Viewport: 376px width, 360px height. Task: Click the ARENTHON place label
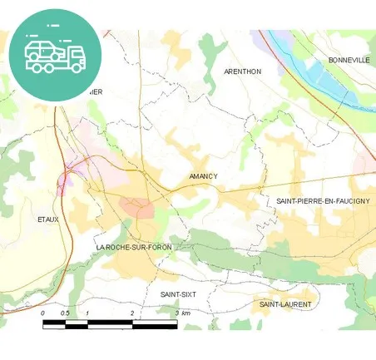tap(243, 72)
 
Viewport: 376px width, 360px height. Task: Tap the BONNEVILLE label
tap(349, 61)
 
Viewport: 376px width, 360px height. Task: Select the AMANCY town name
tap(203, 176)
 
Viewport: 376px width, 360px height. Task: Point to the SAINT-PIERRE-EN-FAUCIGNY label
tap(324, 201)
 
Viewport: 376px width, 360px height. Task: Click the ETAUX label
tap(49, 219)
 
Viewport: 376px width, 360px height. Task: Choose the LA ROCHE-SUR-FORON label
tap(134, 248)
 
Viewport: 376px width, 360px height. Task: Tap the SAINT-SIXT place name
tap(178, 294)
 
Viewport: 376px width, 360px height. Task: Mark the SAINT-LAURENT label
tap(285, 304)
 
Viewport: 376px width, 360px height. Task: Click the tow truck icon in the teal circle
tap(55, 54)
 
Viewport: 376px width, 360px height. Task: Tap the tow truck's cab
tap(76, 56)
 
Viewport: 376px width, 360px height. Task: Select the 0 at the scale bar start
tap(42, 313)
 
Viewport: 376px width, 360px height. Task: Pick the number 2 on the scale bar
tap(132, 313)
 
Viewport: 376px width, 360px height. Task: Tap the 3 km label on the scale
tap(182, 313)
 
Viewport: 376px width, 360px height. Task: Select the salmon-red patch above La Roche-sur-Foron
tap(136, 205)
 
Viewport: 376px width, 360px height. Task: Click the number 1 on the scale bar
tap(88, 313)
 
